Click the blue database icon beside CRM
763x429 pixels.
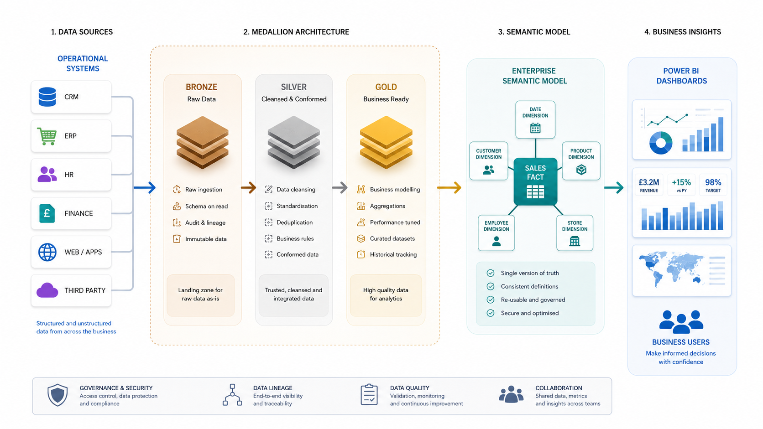coord(47,97)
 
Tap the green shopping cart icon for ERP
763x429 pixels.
coord(47,136)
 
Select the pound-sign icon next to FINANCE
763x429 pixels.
coord(47,213)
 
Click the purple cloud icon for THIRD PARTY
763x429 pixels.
coord(47,290)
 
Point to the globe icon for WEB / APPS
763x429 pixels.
coord(47,252)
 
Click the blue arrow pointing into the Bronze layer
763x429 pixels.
coord(144,187)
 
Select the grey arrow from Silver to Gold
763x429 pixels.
coord(340,187)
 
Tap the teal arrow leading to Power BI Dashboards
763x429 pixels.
coord(614,187)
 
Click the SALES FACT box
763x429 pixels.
coord(535,181)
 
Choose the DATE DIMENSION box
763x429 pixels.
coord(535,119)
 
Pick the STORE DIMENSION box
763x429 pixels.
coord(575,233)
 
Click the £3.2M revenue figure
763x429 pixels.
coord(648,182)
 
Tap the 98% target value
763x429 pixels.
coord(713,182)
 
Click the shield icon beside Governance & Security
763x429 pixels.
coord(57,395)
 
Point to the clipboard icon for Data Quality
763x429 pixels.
coord(369,395)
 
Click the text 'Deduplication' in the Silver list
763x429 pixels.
coord(294,222)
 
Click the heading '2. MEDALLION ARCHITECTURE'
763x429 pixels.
coord(296,32)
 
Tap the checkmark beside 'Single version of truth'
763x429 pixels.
coord(491,273)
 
